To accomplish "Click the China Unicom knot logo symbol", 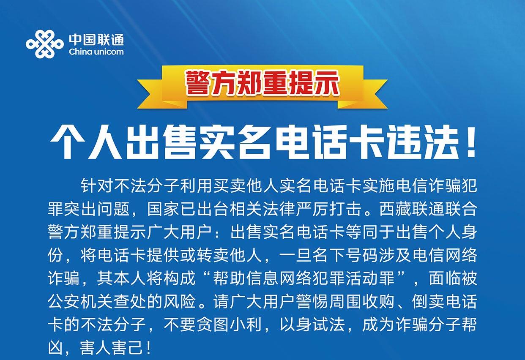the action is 44,44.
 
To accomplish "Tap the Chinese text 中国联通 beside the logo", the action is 96,40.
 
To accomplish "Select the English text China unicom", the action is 96,52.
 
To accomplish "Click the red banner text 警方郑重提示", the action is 262,83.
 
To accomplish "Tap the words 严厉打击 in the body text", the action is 328,209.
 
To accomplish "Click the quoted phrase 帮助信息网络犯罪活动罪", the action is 304,278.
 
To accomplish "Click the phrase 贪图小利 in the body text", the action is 229,325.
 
